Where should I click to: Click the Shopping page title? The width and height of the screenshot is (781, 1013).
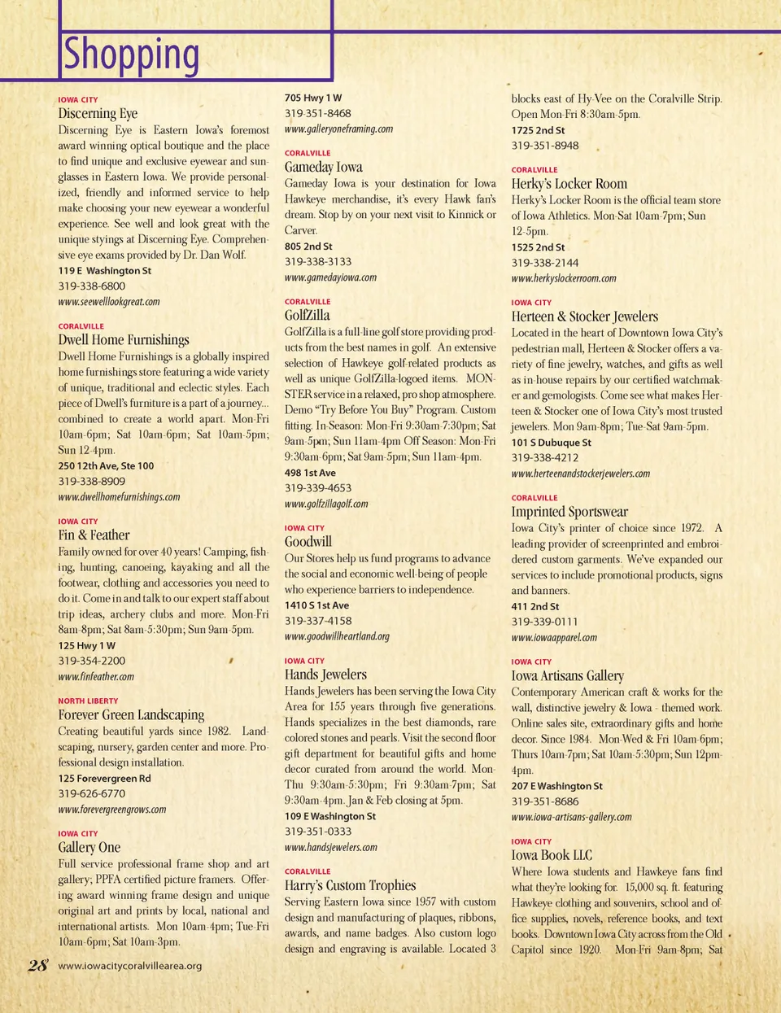131,55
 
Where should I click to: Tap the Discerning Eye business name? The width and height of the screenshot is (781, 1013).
98,114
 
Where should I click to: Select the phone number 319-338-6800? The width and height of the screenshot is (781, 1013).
92,286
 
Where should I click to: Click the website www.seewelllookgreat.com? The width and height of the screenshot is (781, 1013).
109,302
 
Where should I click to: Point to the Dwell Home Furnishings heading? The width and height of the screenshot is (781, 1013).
124,340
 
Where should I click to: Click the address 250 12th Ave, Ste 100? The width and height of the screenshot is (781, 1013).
106,466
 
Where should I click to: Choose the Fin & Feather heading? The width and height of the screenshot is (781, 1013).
94,535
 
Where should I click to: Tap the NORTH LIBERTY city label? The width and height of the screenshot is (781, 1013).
88,701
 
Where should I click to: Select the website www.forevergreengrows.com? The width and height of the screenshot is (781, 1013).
112,810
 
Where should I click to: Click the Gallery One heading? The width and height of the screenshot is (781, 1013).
89,848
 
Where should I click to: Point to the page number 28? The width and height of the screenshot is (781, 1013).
37,966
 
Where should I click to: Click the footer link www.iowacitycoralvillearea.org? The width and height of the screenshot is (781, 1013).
130,967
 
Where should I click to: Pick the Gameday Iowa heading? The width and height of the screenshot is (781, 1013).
324,168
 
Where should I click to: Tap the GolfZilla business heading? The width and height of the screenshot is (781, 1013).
308,316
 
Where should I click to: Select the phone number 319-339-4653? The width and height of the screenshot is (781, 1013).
318,488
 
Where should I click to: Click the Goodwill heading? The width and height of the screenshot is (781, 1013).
308,542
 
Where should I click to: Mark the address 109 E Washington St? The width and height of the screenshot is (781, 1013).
330,816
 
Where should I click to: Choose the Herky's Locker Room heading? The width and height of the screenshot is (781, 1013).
569,184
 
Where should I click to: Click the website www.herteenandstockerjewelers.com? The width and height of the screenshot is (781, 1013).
580,474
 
